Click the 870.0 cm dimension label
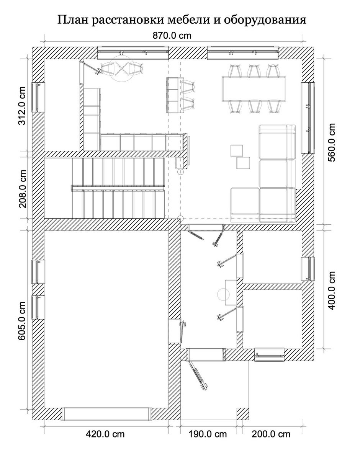tap(172, 36)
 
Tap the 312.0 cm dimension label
tap(22, 106)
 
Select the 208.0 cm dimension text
tap(22, 189)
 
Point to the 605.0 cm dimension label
tap(22, 321)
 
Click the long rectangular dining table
tap(254, 88)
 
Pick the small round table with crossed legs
tap(122, 68)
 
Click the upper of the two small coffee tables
tap(236, 151)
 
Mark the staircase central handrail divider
tap(118, 188)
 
